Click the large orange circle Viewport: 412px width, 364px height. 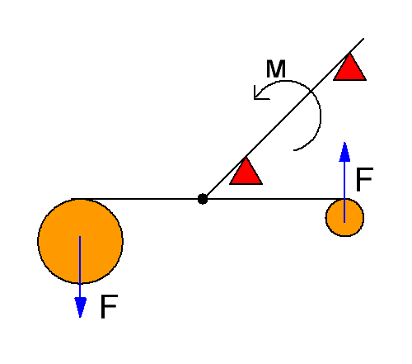click(80, 241)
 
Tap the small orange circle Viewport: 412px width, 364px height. click(344, 217)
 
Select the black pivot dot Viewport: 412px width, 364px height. click(203, 199)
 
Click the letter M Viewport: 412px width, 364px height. click(276, 69)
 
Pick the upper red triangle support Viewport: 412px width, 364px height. click(349, 68)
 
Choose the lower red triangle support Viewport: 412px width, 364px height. click(246, 171)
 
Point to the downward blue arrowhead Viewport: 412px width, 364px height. click(80, 307)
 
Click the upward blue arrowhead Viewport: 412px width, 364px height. click(344, 152)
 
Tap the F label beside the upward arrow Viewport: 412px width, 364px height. click(364, 179)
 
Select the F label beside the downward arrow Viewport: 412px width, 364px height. click(109, 306)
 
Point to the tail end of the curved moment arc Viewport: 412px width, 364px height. click(294, 150)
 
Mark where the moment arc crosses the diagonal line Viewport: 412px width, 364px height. click(311, 91)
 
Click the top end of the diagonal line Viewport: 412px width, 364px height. click(363, 39)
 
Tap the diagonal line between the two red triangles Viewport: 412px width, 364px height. click(297, 104)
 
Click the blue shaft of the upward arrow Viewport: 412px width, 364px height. click(344, 191)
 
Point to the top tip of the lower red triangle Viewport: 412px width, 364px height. click(246, 157)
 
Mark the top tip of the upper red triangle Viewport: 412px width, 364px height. click(349, 54)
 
